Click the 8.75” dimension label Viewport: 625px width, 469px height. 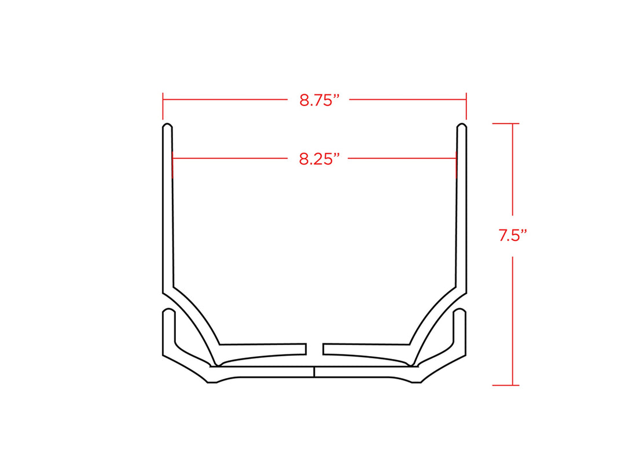point(319,100)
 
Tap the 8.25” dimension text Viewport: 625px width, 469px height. point(319,159)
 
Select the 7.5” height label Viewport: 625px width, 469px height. point(513,235)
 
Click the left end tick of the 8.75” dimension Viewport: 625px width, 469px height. point(163,106)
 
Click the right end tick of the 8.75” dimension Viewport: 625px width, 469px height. point(466,106)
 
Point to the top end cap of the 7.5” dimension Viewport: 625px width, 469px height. point(505,124)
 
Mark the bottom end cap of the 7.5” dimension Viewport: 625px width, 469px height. point(505,385)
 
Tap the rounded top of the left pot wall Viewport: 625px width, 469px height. point(167,126)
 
